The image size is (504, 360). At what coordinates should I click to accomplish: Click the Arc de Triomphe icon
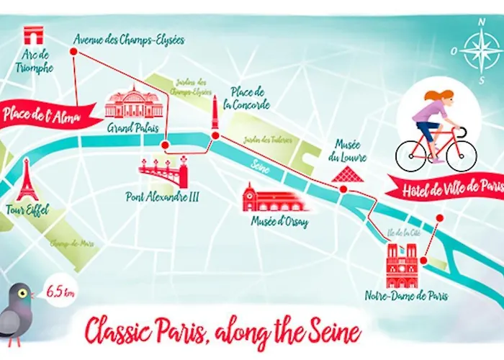(33, 36)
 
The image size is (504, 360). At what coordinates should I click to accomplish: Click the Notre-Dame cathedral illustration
(401, 266)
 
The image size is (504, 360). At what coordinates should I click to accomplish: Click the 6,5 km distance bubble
(58, 293)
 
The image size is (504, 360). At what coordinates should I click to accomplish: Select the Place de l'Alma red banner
(47, 114)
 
